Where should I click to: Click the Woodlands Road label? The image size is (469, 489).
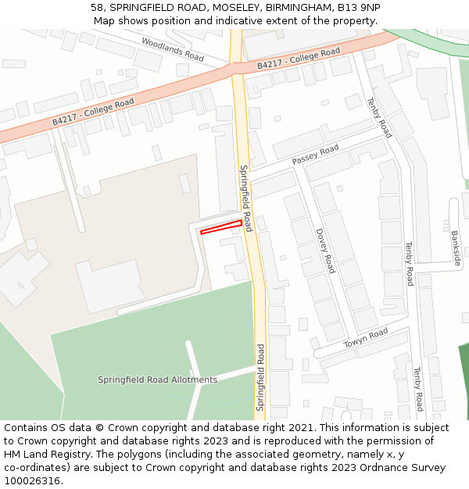pos(173,49)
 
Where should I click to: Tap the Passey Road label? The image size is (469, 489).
pos(316,154)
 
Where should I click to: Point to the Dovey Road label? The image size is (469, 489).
pos(325,250)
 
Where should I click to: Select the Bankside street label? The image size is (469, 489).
pos(456,248)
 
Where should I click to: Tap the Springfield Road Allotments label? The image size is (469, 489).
pos(157,380)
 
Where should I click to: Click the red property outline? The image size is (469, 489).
pos(221,228)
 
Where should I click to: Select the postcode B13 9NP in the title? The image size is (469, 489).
pos(359,7)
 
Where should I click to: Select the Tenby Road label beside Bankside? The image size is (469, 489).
pos(408,264)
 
